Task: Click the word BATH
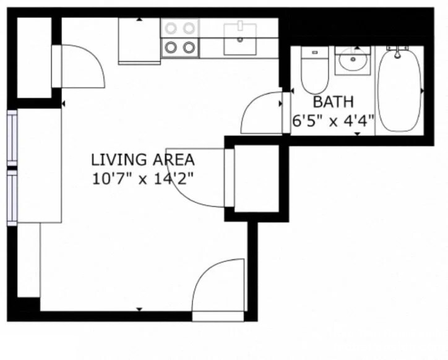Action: pyautogui.click(x=333, y=102)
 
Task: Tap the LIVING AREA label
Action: pyautogui.click(x=143, y=160)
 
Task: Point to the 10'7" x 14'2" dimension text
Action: pyautogui.click(x=143, y=179)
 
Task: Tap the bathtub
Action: pyautogui.click(x=399, y=90)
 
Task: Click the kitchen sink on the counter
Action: pyautogui.click(x=240, y=38)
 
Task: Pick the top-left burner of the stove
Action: pyautogui.click(x=171, y=28)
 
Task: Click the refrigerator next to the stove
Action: pyautogui.click(x=140, y=40)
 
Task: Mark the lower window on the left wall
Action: pyautogui.click(x=12, y=197)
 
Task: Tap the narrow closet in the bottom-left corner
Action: pyautogui.click(x=28, y=260)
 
